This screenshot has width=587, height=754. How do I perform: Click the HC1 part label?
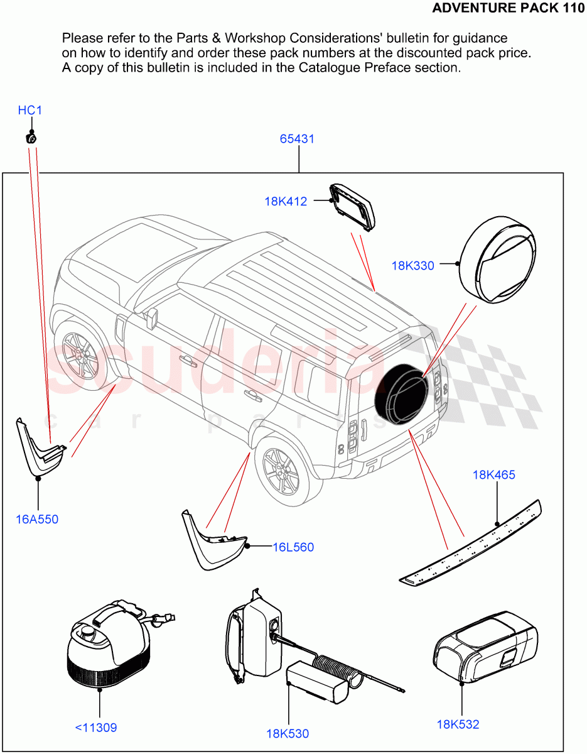[x=30, y=111]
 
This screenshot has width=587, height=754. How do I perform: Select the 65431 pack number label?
[x=297, y=139]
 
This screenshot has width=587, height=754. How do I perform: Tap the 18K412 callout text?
[x=286, y=202]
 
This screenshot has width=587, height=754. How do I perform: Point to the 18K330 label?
[x=412, y=266]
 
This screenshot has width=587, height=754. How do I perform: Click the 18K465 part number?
[x=493, y=475]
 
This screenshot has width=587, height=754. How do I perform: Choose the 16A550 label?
[x=37, y=519]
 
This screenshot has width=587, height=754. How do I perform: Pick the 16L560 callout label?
[x=293, y=547]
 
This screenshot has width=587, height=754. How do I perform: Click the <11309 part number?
[x=96, y=728]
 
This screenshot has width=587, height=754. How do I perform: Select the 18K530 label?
[x=288, y=733]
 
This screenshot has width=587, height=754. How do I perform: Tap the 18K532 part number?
[x=458, y=724]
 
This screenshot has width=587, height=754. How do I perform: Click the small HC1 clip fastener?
[x=30, y=137]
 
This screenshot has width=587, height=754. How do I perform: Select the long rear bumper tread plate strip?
[x=471, y=542]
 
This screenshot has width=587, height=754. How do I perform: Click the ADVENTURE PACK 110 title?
[x=509, y=8]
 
